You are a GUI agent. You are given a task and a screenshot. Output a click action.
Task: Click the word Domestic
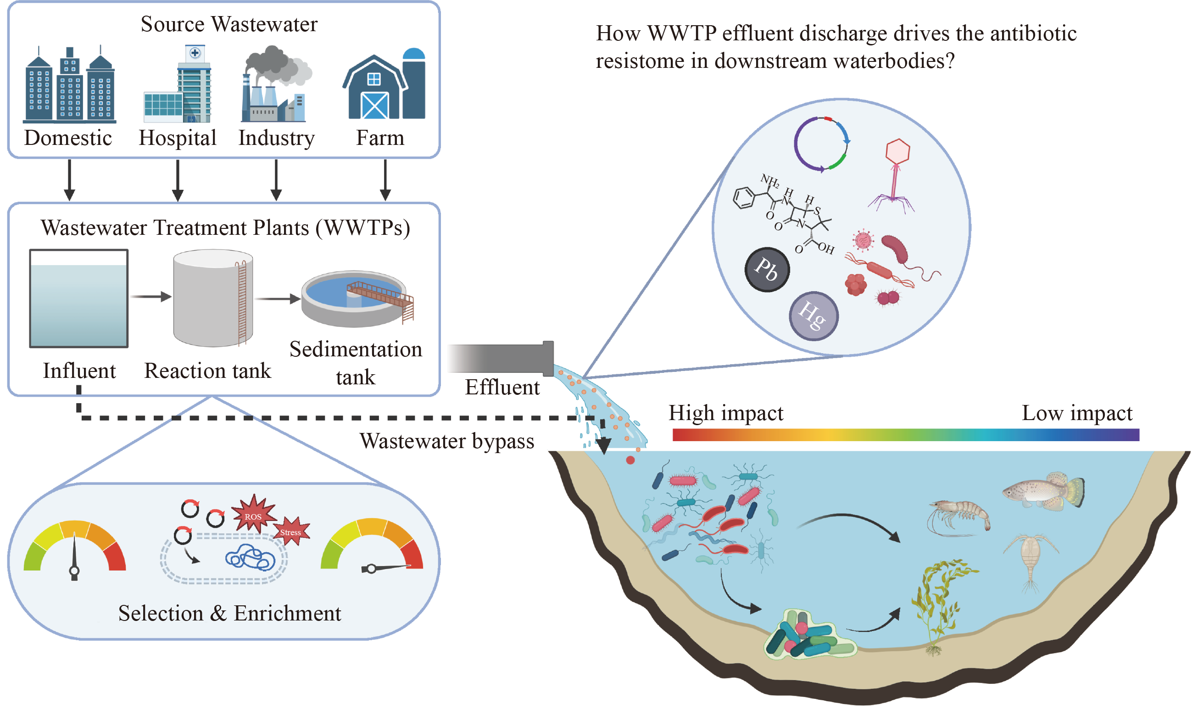click(68, 138)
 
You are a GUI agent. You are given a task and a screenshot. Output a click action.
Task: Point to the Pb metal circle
click(767, 270)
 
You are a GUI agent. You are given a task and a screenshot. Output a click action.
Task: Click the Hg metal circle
click(813, 316)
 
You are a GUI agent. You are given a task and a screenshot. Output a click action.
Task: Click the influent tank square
click(79, 299)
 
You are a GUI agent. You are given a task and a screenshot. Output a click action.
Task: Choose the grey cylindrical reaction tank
click(213, 298)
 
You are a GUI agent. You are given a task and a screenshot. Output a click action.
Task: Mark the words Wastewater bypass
click(447, 441)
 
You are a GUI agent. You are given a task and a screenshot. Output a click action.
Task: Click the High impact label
click(725, 413)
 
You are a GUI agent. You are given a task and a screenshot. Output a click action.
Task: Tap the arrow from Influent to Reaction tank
click(150, 297)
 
